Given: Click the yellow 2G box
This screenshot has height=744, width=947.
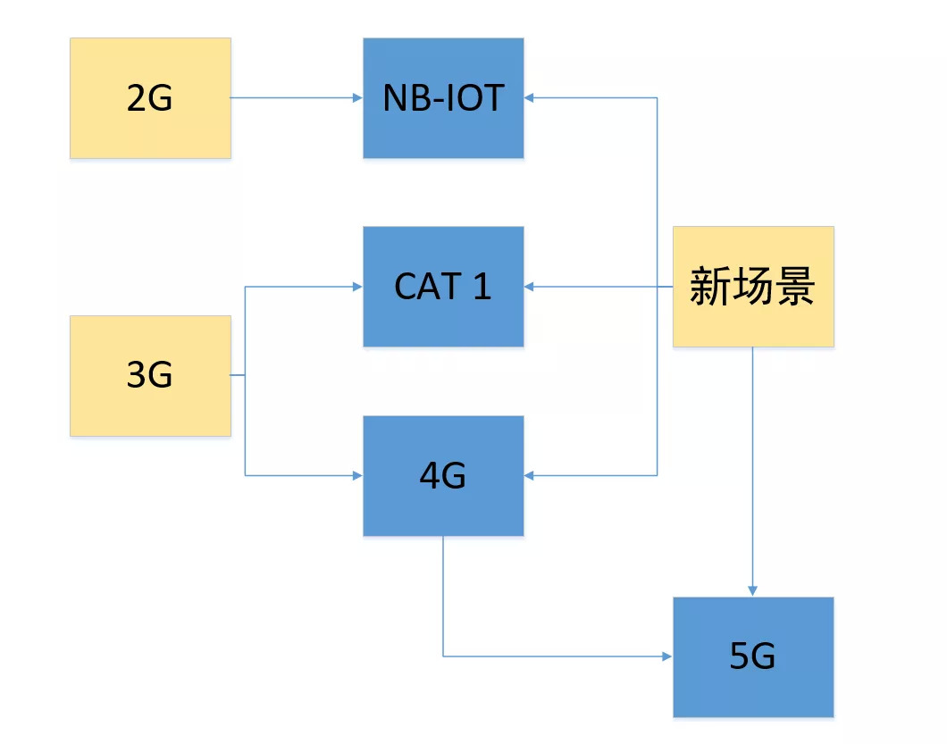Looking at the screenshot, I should tap(150, 98).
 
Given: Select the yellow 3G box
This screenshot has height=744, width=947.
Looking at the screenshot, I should tap(150, 375).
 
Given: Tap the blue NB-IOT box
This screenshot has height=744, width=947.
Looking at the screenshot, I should tap(443, 98).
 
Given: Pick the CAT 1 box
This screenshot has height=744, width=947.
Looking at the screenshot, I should tap(443, 287).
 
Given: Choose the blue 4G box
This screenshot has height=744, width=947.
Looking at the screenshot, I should tap(443, 476).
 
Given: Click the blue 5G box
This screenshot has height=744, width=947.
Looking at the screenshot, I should tap(752, 657).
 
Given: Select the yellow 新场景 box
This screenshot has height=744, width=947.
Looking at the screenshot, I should tap(752, 287).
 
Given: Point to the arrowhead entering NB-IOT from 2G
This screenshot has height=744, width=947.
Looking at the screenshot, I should tap(357, 98).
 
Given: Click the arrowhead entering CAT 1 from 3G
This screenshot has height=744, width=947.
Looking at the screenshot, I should tap(357, 287).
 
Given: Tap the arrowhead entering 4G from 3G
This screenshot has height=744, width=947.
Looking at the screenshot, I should tap(357, 476).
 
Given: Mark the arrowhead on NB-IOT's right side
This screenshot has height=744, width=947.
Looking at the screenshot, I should tap(530, 98).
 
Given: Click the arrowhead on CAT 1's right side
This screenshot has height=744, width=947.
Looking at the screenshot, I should tap(530, 287).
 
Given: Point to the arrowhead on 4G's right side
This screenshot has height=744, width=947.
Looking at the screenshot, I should tap(530, 476).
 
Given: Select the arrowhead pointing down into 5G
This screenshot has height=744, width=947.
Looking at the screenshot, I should tap(752, 591).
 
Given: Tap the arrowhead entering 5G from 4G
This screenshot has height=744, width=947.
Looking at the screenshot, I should tap(667, 657).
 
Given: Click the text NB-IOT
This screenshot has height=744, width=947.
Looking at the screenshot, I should tap(443, 98).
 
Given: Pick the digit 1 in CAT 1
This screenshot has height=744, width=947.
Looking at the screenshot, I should tap(482, 287).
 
